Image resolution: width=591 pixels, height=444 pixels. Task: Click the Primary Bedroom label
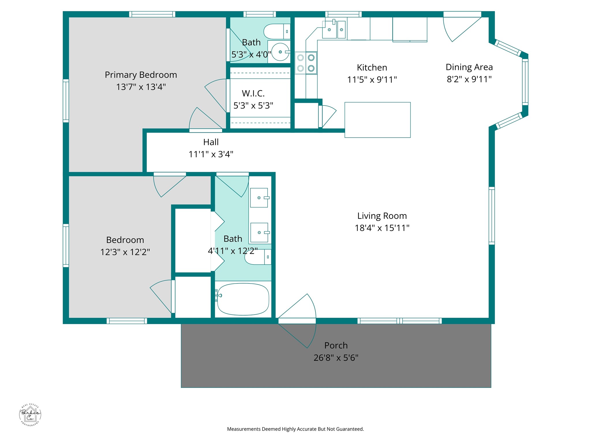(141, 75)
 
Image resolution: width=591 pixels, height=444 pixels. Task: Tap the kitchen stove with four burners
(306, 63)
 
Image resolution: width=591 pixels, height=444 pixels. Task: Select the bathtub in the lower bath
(243, 299)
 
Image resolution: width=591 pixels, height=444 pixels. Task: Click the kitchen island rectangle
(377, 120)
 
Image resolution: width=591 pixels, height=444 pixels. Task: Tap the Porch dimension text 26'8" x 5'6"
(336, 358)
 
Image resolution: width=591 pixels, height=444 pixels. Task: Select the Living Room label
(382, 216)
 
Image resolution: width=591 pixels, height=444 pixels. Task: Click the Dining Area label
(469, 67)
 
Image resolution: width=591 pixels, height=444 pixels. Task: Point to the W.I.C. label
(253, 93)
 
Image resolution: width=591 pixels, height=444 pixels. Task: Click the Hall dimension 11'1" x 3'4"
(211, 154)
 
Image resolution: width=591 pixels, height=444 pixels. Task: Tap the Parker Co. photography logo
(30, 415)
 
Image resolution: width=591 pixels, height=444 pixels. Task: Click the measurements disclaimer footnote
(295, 429)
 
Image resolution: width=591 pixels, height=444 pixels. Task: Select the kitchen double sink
(334, 29)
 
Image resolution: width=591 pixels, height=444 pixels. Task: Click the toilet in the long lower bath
(258, 257)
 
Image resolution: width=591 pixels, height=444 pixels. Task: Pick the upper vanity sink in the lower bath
(259, 198)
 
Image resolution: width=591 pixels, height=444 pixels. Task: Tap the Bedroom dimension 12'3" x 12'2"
(125, 252)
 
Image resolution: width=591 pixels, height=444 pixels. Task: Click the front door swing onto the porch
(298, 336)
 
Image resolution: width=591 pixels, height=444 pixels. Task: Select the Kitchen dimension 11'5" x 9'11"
(372, 79)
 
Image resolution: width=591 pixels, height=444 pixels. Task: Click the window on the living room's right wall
(492, 216)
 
